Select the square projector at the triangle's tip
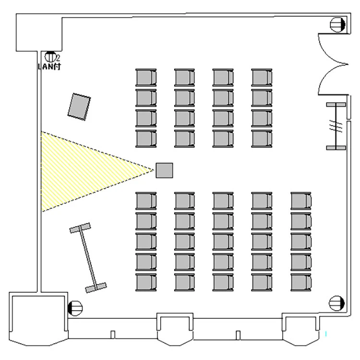tap(164, 170)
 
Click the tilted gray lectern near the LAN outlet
tap(79, 106)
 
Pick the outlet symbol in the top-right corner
tap(338, 24)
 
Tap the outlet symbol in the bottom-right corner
tap(337, 303)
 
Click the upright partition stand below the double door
tap(336, 126)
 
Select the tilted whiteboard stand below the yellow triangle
tap(88, 258)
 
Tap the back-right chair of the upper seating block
tap(262, 139)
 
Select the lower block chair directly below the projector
tap(146, 201)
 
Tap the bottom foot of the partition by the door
tap(336, 147)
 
